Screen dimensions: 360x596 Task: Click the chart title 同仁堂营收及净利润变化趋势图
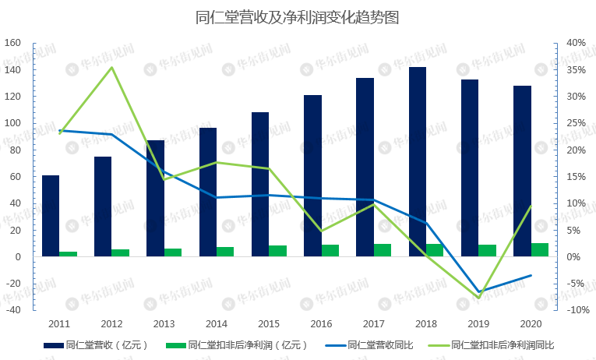297,17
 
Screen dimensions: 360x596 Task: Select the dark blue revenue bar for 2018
418,162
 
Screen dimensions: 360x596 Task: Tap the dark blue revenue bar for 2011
51,216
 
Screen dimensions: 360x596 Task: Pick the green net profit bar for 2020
540,249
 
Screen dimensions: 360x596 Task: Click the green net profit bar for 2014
225,251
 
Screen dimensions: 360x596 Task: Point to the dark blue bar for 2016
312,175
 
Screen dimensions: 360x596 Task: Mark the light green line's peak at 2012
112,67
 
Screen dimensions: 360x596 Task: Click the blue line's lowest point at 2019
479,292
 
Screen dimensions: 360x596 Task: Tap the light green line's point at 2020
531,206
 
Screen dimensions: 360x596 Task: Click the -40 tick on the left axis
12,310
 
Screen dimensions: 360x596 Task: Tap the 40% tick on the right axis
577,43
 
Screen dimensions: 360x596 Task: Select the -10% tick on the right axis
576,310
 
